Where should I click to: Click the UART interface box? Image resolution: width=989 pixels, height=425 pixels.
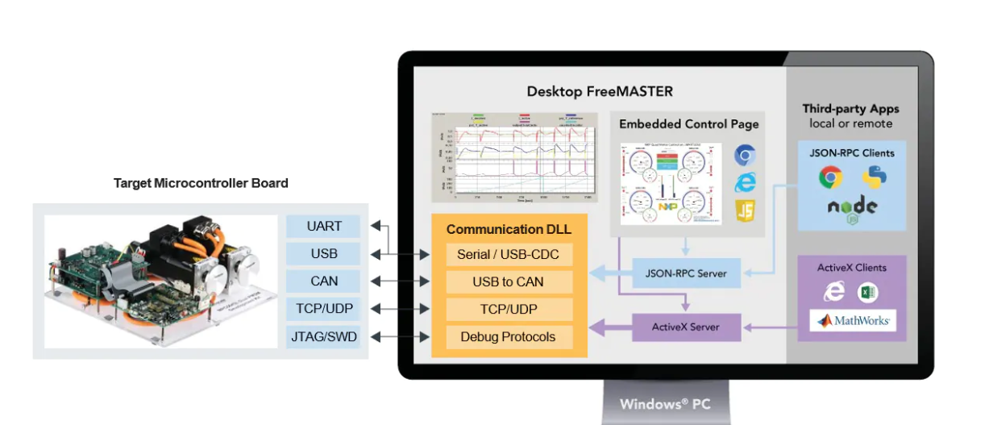325,227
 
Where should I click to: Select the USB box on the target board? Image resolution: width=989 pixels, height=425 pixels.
325,254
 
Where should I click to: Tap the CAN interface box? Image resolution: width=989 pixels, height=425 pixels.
325,281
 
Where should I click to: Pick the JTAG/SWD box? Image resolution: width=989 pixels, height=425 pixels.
325,336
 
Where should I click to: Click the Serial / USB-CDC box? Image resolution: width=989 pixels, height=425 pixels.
508,255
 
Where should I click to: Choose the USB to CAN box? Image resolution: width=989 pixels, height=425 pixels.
508,282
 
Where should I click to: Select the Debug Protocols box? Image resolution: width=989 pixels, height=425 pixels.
508,337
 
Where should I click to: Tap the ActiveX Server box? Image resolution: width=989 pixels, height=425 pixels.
685,327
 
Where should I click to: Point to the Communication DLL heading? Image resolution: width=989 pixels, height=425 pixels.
508,229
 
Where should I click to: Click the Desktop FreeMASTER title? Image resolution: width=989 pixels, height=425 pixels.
600,92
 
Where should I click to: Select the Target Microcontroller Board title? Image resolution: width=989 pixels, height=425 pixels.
201,184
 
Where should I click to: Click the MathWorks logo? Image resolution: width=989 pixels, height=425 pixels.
854,321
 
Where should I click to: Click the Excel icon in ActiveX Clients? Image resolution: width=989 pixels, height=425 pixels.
867,293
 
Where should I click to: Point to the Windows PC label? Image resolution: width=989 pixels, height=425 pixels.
665,404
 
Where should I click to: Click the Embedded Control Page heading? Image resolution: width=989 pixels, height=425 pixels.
688,124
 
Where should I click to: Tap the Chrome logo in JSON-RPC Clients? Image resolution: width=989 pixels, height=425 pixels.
830,177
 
